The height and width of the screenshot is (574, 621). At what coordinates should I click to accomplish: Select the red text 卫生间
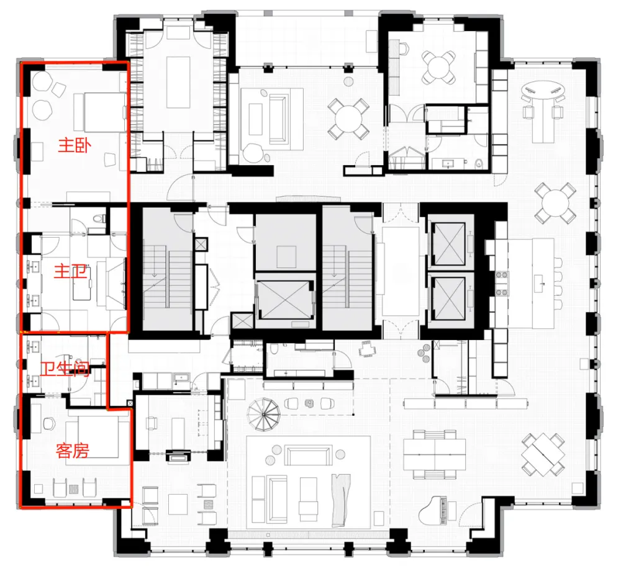[x=65, y=371]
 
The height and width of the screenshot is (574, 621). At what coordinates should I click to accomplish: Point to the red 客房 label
[x=72, y=451]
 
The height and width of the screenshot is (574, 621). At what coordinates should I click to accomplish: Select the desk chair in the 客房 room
[x=50, y=424]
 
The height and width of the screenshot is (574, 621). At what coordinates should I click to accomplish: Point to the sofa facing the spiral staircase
[x=309, y=456]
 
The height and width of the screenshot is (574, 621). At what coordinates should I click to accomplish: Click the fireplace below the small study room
[x=178, y=458]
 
